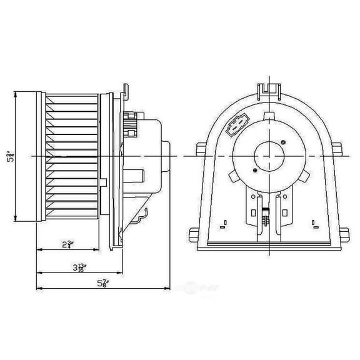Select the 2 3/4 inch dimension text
pyautogui.click(x=67, y=244)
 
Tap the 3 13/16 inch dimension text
pyautogui.click(x=79, y=267)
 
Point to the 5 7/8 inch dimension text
pyautogui.click(x=102, y=284)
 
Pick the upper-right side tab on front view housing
pyautogui.click(x=339, y=150)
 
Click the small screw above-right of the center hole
pyautogui.click(x=284, y=142)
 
